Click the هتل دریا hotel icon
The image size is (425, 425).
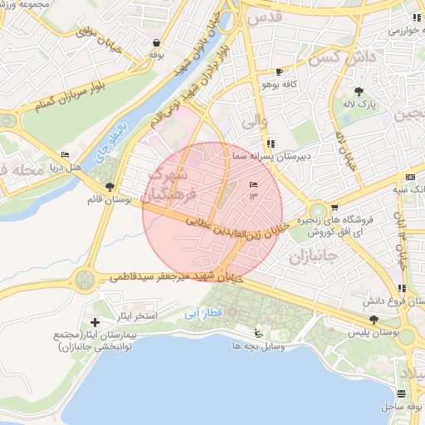point(66,155)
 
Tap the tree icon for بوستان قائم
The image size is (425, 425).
point(110,187)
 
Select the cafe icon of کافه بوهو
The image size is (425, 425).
point(279,71)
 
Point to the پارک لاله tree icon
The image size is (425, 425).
point(359,91)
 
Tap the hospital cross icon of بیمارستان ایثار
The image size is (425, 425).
point(95,322)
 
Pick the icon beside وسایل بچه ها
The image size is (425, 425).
point(257,333)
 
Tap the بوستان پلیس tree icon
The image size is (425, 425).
point(374,319)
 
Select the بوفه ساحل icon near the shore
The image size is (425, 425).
point(402,393)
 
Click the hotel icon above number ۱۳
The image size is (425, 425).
point(253,185)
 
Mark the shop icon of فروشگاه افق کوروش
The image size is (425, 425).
point(334,208)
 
